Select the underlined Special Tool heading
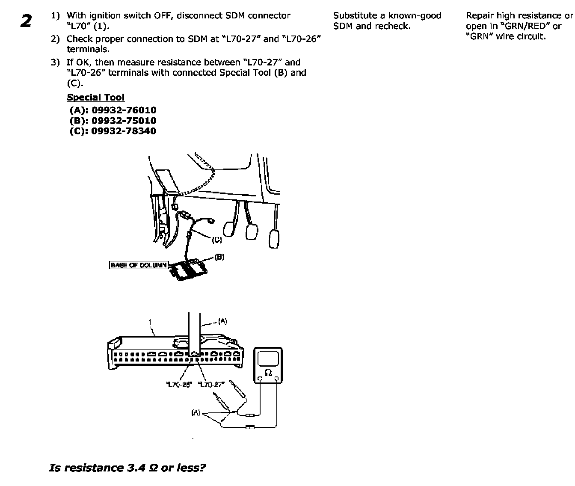pyautogui.click(x=95, y=97)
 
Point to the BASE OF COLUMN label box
pyautogui.click(x=139, y=265)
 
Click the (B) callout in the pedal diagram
pyautogui.click(x=219, y=257)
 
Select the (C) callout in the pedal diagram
pyautogui.click(x=217, y=240)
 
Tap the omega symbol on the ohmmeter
pyautogui.click(x=268, y=373)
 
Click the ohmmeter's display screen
pyautogui.click(x=268, y=358)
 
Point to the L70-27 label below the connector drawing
pyautogui.click(x=211, y=385)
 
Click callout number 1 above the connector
pyautogui.click(x=150, y=322)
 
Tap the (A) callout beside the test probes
pyautogui.click(x=196, y=413)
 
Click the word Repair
pyautogui.click(x=480, y=16)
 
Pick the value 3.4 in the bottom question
pyautogui.click(x=136, y=468)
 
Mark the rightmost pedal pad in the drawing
pyautogui.click(x=274, y=239)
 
